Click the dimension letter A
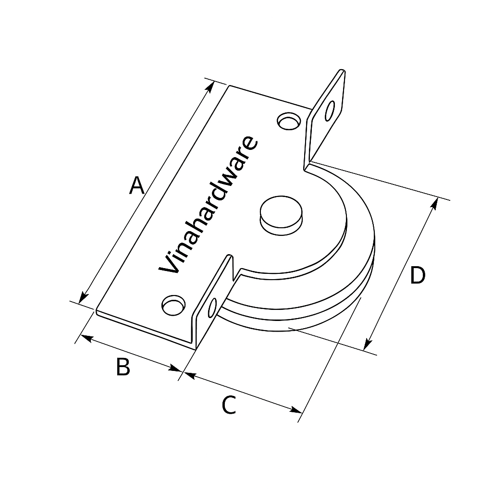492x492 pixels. pos(137,186)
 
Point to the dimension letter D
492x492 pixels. pos(418,276)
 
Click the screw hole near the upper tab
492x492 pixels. pos(289,121)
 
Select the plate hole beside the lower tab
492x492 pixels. pos(173,305)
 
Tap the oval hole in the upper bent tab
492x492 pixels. pos(330,111)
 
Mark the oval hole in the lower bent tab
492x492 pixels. pos(212,307)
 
